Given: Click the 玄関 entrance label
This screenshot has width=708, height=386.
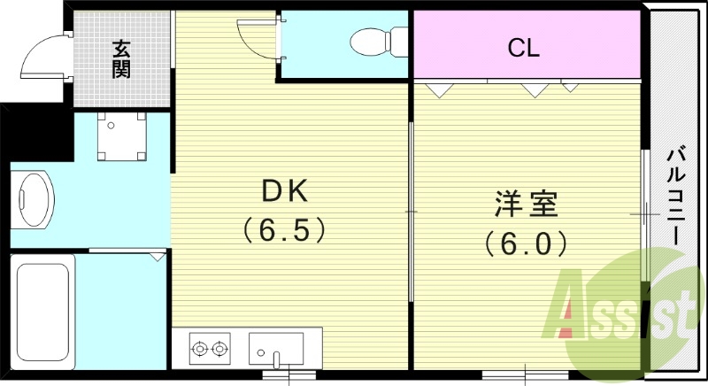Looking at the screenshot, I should [x=121, y=58].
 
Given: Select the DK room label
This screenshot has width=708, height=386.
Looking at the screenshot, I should [x=283, y=191].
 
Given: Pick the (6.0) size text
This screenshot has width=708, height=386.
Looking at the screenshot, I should [x=526, y=242].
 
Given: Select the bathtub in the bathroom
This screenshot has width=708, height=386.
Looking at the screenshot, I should [x=42, y=311].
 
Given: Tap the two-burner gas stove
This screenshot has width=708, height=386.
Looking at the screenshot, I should [x=210, y=349].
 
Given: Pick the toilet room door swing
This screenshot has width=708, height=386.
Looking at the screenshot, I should [x=258, y=35].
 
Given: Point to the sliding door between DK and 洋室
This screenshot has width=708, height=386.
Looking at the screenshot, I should [x=411, y=212].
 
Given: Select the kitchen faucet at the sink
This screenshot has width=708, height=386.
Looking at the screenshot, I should [x=276, y=359].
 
